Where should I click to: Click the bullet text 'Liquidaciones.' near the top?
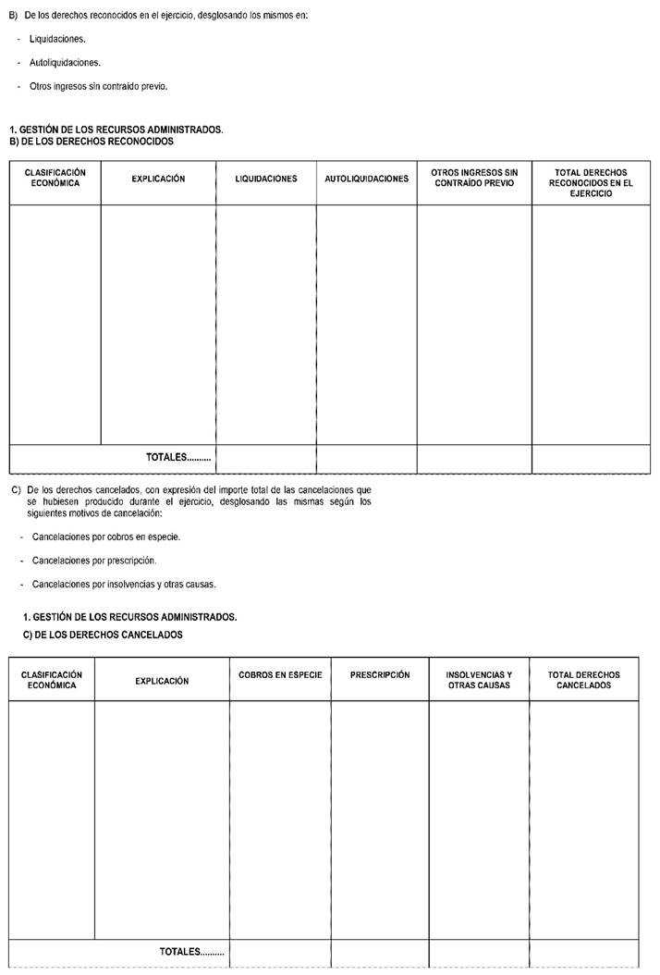point(57,40)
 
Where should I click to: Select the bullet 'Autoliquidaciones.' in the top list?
point(65,63)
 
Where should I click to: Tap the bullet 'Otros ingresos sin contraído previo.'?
point(98,86)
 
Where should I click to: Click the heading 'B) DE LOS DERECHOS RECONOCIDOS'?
point(91,142)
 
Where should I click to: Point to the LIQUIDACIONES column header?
point(266,179)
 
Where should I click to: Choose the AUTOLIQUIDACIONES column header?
point(366,179)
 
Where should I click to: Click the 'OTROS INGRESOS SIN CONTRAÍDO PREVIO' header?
point(474,178)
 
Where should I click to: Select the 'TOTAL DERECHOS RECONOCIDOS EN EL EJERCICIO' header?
point(591,182)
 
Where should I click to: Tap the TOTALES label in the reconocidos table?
point(178,457)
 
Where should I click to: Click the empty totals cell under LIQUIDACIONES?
point(266,458)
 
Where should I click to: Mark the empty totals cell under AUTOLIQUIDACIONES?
point(366,458)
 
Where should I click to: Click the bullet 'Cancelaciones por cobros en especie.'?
point(105,537)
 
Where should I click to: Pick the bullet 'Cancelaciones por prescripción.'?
point(94,561)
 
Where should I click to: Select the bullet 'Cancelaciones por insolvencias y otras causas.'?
point(124,584)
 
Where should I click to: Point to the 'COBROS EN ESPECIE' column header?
point(280,675)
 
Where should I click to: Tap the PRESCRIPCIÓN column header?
point(380,675)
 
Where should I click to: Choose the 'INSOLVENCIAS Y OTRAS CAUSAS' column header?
point(479,680)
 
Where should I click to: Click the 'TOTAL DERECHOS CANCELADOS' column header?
point(583,680)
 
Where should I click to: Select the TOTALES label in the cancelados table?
point(191,951)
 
